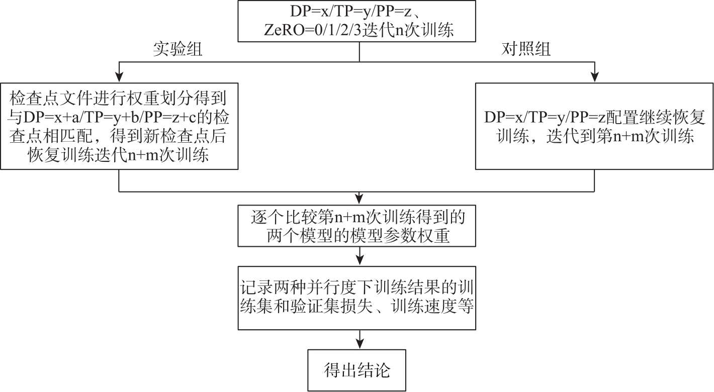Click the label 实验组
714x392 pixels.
[177, 50]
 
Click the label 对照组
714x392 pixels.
[526, 50]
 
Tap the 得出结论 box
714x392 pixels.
[356, 370]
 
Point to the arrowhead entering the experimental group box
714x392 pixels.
[119, 77]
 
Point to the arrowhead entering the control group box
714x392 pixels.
[594, 77]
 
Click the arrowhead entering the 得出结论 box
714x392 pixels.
[360, 344]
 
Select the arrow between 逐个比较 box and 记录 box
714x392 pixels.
[360, 256]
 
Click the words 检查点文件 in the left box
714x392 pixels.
[51, 99]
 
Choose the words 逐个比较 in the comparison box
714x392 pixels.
[284, 217]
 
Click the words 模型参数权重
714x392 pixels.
[400, 236]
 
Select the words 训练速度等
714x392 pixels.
[432, 307]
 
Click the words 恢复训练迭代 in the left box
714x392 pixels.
[77, 155]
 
